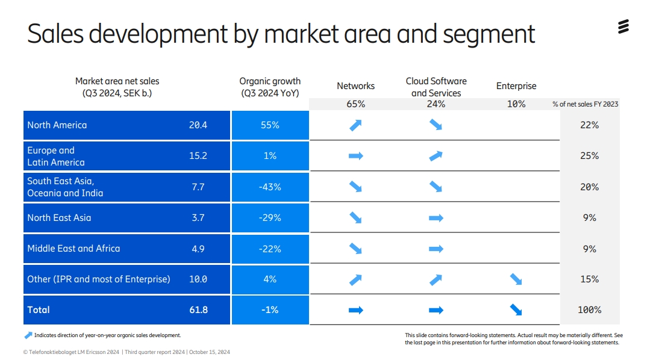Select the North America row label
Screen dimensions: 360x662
[x=57, y=125]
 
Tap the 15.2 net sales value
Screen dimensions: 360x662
[x=198, y=156]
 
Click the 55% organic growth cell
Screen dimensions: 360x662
[x=270, y=125]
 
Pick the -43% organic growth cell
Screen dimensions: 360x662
[x=270, y=187]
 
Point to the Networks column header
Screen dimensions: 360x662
[x=355, y=86]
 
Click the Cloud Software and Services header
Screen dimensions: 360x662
[x=436, y=87]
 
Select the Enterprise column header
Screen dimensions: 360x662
[x=516, y=86]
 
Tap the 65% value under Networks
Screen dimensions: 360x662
[x=355, y=104]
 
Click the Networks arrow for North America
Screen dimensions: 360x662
[x=356, y=125]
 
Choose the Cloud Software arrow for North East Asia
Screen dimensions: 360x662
[x=436, y=218]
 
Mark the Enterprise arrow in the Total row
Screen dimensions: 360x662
[x=516, y=310]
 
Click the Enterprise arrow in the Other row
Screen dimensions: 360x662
[x=516, y=279]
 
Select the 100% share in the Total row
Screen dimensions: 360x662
[x=590, y=310]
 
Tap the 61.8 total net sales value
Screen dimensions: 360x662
[x=198, y=310]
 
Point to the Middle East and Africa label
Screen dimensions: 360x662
[x=73, y=249]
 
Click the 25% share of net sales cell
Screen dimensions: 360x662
[x=590, y=156]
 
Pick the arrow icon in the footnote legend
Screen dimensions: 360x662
[x=28, y=335]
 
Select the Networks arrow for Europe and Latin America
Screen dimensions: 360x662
[x=356, y=156]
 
